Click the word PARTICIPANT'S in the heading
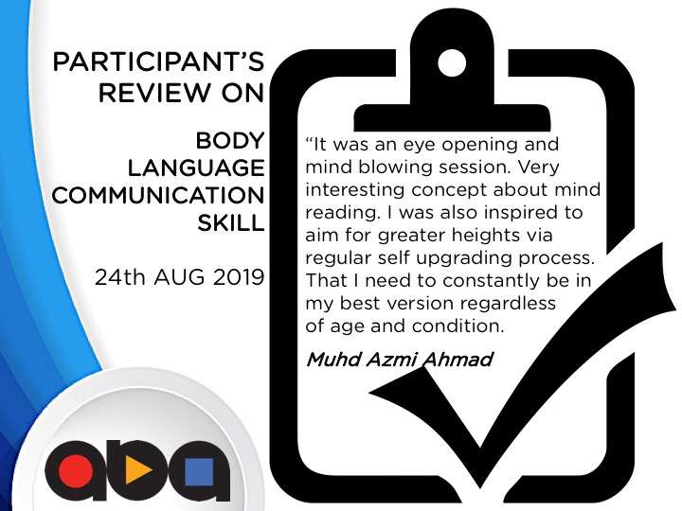[x=158, y=62]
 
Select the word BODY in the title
[x=230, y=141]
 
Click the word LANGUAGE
[x=196, y=168]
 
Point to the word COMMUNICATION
[x=158, y=196]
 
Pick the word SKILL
[x=230, y=223]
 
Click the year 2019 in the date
[x=239, y=277]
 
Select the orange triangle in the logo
[x=137, y=470]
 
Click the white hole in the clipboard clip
[x=452, y=63]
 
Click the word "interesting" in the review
[x=356, y=190]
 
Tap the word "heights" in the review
[x=485, y=236]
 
